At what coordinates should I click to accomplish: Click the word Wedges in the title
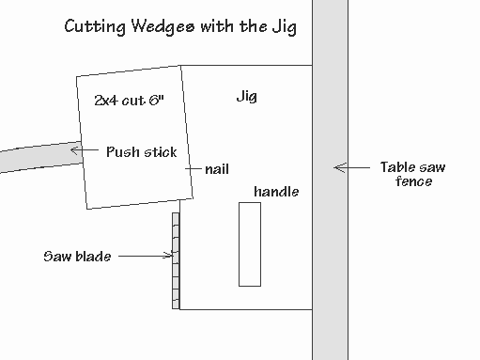pos(163,27)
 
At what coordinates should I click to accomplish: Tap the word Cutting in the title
pos(95,27)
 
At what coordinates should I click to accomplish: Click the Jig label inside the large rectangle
pos(247,97)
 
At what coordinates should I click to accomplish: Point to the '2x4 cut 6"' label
pos(129,101)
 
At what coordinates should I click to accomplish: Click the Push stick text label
pos(142,152)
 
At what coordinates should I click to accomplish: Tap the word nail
pos(217,169)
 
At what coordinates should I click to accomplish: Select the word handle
pos(276,192)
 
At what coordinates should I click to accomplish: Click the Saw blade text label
pos(77,257)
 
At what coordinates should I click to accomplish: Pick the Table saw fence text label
pos(413,174)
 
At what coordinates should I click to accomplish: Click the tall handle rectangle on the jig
pos(250,244)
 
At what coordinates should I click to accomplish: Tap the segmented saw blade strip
pos(176,260)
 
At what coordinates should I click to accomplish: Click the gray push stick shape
pos(41,157)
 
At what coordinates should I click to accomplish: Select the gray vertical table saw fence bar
pos(330,180)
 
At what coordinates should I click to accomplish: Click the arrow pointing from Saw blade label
pos(146,256)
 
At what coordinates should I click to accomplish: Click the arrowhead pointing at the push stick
pos(75,150)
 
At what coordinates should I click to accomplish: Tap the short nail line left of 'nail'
pos(194,168)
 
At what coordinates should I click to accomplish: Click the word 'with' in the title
pos(217,26)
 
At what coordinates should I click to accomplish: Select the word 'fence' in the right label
pos(413,181)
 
